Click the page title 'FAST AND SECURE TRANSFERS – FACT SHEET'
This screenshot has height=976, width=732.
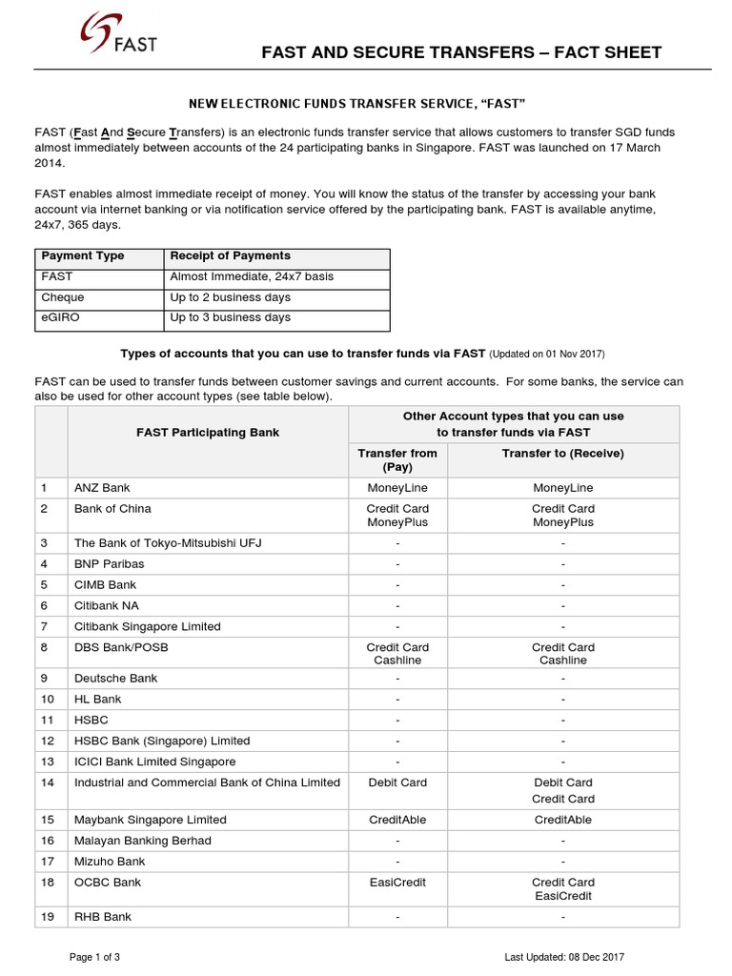coord(461,52)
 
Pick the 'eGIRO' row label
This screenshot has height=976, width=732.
coord(58,318)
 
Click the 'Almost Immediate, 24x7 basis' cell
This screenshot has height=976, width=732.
coord(252,277)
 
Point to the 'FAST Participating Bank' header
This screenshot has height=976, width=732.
coord(208,433)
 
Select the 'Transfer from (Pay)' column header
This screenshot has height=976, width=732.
coord(397,460)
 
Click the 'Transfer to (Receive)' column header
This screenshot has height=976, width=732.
coord(562,454)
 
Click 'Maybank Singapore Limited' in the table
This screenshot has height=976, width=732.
coord(150,820)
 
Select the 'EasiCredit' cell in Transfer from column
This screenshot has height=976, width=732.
coord(397,883)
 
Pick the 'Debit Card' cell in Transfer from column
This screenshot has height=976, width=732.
coord(397,783)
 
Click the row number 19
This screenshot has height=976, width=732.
coord(44,917)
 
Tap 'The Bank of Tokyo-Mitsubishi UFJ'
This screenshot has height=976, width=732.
coord(168,543)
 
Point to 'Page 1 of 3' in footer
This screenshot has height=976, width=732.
coord(94,957)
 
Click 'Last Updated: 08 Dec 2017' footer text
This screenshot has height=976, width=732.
coord(564,957)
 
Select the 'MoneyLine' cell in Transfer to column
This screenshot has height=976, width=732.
coord(562,488)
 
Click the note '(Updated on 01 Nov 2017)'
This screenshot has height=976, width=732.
coord(547,354)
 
